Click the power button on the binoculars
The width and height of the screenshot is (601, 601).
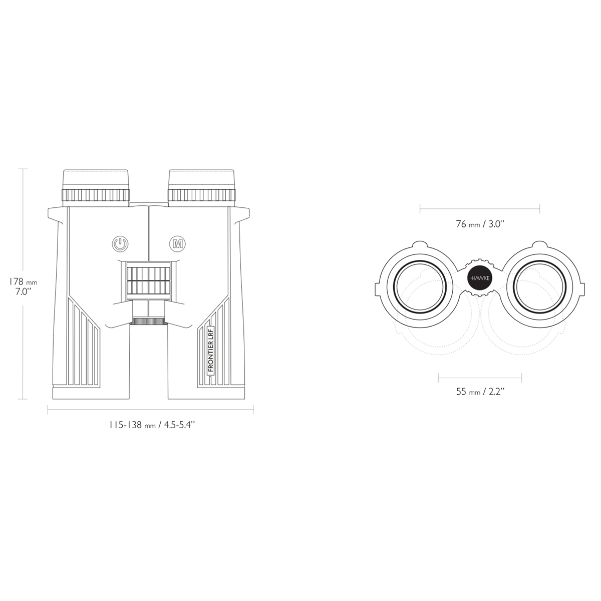[120, 243]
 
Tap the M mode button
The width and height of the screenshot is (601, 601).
[177, 243]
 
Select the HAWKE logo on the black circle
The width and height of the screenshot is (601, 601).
[480, 278]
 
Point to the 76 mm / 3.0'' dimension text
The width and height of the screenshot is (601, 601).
[480, 224]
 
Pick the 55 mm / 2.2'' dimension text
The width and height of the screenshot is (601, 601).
[480, 392]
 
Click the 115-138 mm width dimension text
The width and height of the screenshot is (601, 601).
[152, 425]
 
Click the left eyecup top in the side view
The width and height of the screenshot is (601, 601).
[96, 179]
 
